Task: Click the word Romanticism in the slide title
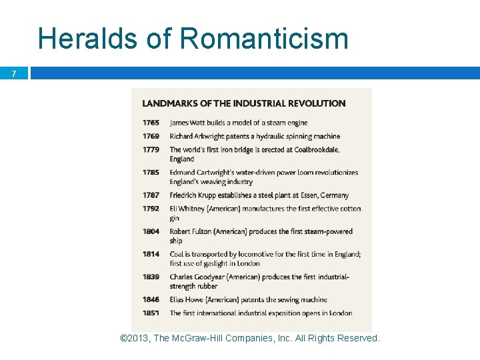[x=265, y=38]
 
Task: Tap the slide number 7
[x=14, y=73]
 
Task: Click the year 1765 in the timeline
[x=151, y=123]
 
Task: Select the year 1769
[x=151, y=136]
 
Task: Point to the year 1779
[x=151, y=149]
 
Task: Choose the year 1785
[x=151, y=172]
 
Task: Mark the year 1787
[x=151, y=195]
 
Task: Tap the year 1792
[x=151, y=209]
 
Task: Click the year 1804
[x=151, y=231]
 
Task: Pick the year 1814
[x=151, y=254]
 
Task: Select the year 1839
[x=151, y=277]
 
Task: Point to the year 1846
[x=151, y=299]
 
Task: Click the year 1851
[x=151, y=313]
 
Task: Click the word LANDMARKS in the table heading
[x=169, y=103]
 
